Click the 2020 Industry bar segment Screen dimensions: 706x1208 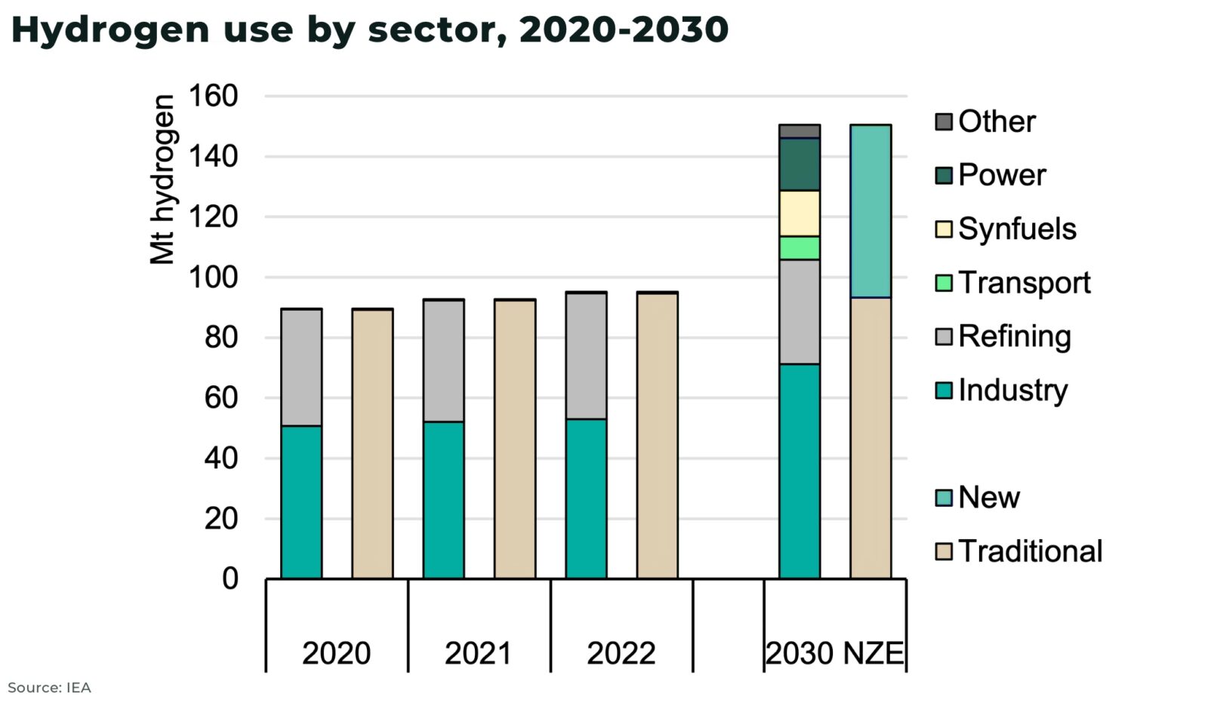[x=301, y=502]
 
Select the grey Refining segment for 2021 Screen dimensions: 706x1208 [x=443, y=361]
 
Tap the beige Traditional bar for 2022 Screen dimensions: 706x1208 [x=657, y=435]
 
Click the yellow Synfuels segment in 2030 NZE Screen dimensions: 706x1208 [x=800, y=213]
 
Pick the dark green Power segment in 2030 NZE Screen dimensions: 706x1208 [x=800, y=164]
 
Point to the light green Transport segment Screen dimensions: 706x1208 [x=800, y=247]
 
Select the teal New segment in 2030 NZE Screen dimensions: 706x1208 [x=871, y=211]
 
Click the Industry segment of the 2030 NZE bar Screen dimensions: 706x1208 [x=800, y=471]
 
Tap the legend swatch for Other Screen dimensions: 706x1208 [x=944, y=122]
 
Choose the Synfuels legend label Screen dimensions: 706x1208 [x=1016, y=229]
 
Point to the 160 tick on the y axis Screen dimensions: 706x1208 [x=213, y=96]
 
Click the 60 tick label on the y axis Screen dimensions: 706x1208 [x=220, y=398]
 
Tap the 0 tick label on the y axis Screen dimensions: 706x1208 [x=230, y=579]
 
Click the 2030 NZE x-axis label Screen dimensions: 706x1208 [x=834, y=653]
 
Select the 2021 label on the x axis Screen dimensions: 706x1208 [x=478, y=653]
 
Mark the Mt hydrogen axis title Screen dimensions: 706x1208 [x=162, y=180]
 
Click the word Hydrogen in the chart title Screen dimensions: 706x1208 [x=110, y=29]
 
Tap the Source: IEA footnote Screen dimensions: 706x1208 [x=49, y=688]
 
